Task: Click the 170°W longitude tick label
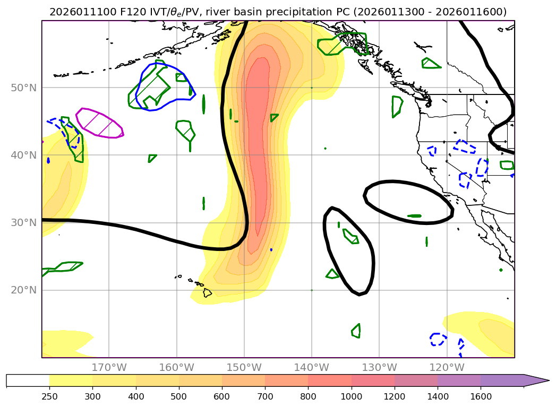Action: click(x=109, y=367)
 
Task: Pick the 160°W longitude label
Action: click(x=176, y=367)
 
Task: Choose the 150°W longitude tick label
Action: click(x=244, y=367)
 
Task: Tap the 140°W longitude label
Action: click(x=312, y=367)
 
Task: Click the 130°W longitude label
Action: click(x=379, y=367)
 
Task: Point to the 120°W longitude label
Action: click(x=447, y=367)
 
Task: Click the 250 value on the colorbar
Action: click(x=49, y=396)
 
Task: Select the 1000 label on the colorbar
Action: click(x=351, y=396)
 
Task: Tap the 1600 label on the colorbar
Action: click(x=481, y=396)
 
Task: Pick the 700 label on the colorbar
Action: click(x=264, y=396)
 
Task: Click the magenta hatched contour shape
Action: click(x=100, y=123)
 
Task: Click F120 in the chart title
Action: click(x=113, y=12)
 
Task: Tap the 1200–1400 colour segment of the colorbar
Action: click(x=416, y=380)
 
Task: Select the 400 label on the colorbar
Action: click(x=135, y=396)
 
